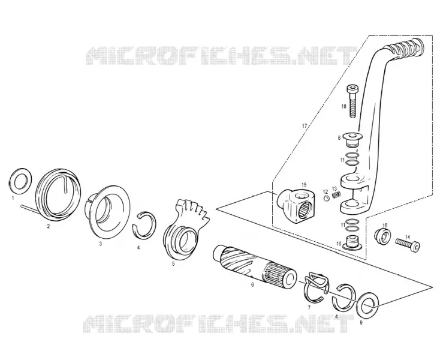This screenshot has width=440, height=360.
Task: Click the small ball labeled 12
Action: (x=327, y=199)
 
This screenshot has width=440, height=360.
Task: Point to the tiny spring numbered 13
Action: (x=336, y=194)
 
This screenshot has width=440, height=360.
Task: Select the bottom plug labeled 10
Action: (x=352, y=244)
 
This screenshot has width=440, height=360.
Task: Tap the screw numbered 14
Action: (x=408, y=244)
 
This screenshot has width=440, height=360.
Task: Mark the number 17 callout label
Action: (x=305, y=126)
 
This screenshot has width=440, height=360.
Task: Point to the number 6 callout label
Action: (x=252, y=285)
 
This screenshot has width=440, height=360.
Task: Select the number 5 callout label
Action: (x=173, y=263)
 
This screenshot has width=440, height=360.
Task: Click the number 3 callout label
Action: (x=101, y=244)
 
